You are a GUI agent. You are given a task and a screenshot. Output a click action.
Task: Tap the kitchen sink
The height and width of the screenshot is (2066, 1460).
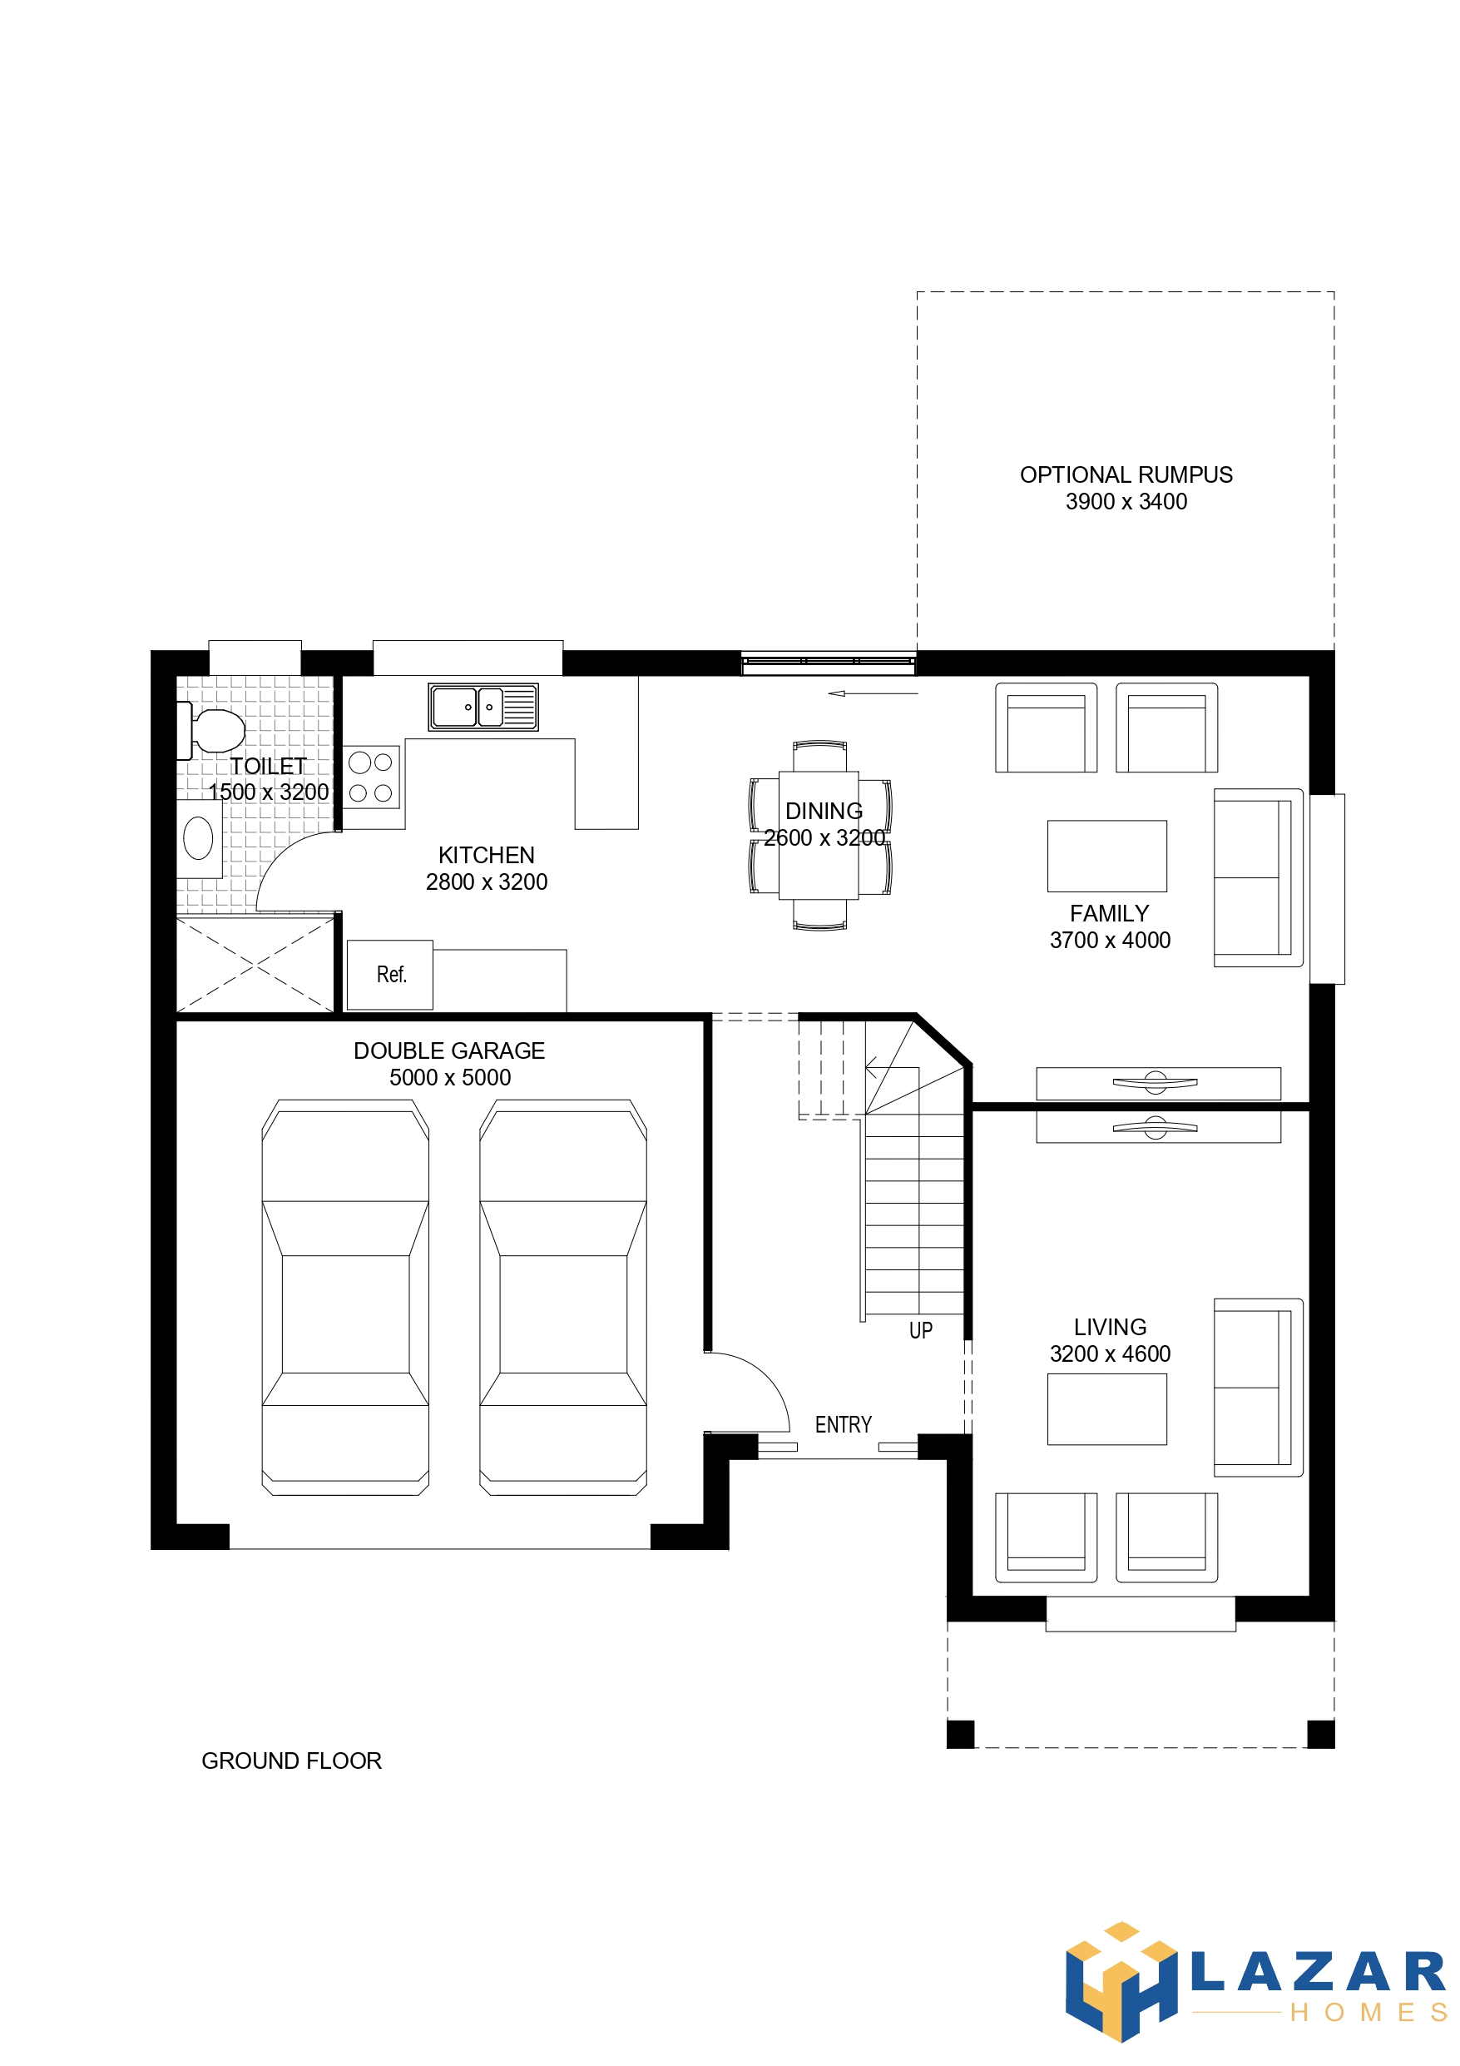483,707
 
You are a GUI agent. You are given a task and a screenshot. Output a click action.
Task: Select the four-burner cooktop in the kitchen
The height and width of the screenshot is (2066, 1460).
371,777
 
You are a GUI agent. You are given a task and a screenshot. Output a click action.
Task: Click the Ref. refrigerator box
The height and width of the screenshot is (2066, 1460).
390,975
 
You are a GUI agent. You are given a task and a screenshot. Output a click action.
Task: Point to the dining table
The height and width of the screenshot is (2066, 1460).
819,835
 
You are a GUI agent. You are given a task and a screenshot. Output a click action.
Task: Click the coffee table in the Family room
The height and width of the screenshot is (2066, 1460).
1106,856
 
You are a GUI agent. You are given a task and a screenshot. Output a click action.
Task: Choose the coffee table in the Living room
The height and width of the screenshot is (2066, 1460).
1106,1409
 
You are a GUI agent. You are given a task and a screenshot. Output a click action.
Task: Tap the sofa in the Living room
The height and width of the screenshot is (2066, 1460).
1258,1387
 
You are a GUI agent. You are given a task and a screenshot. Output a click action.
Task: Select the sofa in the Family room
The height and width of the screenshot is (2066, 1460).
1258,877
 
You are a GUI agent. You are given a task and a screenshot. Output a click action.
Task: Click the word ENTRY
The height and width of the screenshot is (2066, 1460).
843,1424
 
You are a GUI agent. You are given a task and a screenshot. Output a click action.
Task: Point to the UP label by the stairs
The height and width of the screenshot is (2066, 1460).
920,1330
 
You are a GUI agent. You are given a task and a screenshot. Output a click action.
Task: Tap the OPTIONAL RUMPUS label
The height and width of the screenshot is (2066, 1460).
1126,474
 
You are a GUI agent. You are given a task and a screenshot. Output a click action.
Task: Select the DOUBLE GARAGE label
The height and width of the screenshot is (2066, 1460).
449,1050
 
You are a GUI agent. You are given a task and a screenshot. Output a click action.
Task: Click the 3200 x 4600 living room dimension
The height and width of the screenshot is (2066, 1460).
1110,1353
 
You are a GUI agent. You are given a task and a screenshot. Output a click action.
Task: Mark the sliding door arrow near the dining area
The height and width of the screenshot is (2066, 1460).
873,693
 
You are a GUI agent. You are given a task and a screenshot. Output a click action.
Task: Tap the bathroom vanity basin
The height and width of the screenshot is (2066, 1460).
198,839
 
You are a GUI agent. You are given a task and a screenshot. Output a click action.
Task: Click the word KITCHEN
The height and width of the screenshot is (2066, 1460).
486,855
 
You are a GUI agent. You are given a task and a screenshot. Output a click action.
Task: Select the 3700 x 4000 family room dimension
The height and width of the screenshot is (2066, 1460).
1110,940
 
